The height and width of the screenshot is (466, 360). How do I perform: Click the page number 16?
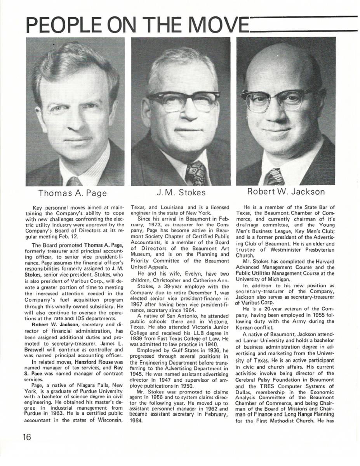pos(27,436)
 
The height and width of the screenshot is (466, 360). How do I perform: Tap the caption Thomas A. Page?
pos(73,193)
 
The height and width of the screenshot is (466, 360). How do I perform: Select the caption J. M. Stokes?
pos(181,193)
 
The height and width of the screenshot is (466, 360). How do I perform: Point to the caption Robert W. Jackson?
pos(286,192)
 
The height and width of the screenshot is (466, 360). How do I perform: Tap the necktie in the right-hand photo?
pos(275,177)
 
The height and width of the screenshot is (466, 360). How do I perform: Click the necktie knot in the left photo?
pos(74,181)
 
